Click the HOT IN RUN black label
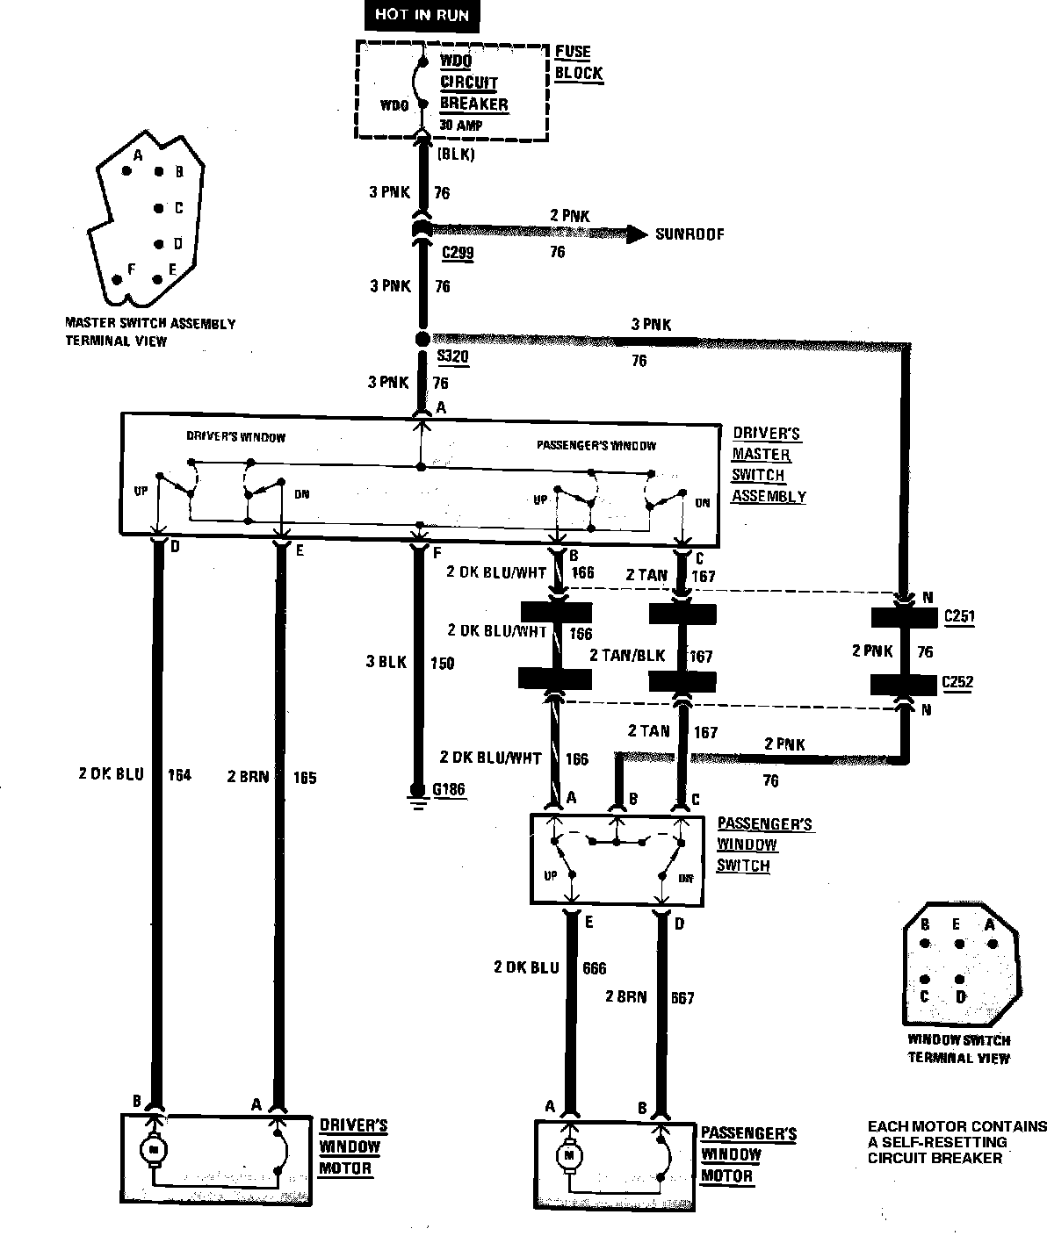coord(422,14)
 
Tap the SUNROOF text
coord(690,234)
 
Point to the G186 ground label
coord(449,790)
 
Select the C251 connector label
coord(958,616)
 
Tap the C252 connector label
coord(957,682)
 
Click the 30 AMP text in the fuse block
coord(460,126)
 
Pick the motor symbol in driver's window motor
coord(154,1148)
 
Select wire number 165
coord(304,777)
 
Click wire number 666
coord(594,968)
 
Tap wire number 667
coord(682,998)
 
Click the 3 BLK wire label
coord(386,662)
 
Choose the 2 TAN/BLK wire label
coord(626,656)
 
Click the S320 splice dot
coord(422,339)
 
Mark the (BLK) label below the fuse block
coord(455,154)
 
